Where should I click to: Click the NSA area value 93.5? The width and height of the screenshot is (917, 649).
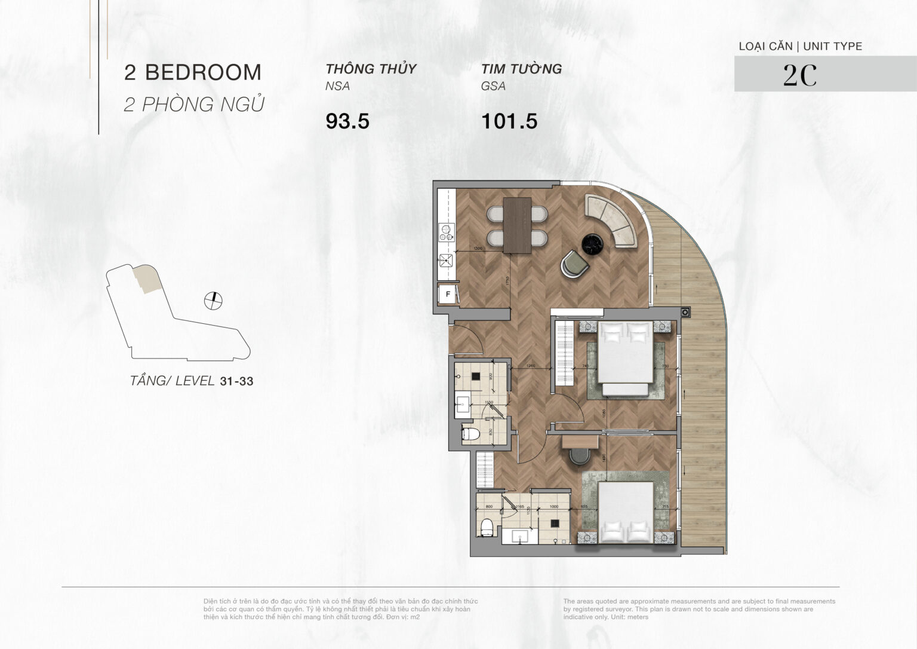point(347,121)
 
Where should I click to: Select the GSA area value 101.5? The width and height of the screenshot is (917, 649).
point(509,121)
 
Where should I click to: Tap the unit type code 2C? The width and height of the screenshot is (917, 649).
point(799,75)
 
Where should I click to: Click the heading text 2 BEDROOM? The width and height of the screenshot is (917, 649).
point(193,72)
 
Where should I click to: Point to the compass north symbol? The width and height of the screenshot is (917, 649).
point(213,301)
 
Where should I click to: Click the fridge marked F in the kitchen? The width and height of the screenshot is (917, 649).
point(447,294)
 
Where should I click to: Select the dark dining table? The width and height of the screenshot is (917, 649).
point(517,225)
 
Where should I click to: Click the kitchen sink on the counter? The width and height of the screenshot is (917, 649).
point(446,260)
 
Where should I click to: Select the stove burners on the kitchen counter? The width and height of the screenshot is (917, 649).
point(446,231)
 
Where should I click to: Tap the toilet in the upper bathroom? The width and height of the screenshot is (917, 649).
point(470,434)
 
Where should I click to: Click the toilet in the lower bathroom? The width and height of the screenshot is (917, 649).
point(487,527)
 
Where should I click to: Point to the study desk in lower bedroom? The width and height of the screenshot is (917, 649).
point(580,441)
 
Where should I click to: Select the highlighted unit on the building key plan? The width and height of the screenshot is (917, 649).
point(146,279)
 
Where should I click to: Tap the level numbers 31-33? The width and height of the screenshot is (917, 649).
point(236,381)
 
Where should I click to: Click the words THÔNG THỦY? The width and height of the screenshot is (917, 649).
point(371,69)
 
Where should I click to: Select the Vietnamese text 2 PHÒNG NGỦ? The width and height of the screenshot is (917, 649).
point(194,105)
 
